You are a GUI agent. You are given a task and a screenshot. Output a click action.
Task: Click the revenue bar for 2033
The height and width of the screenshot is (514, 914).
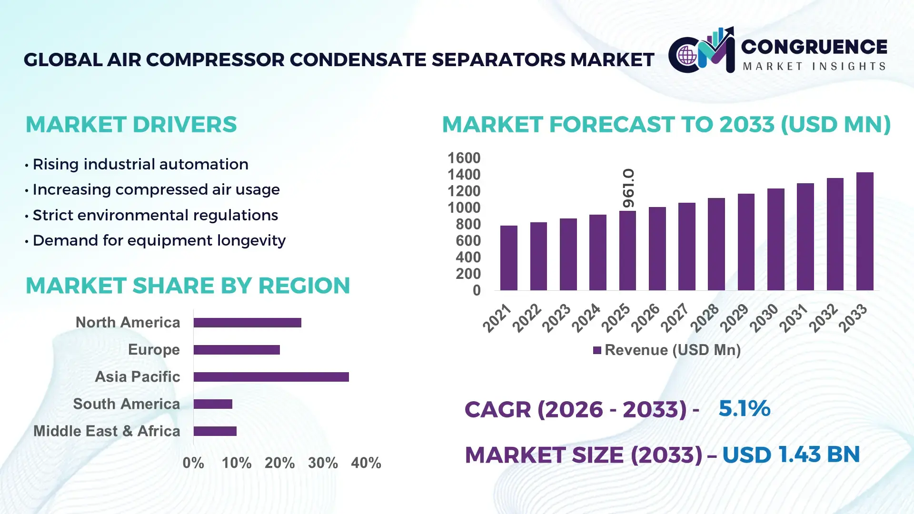coord(864,231)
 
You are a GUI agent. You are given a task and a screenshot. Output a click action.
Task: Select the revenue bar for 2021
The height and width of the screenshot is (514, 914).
coord(508,258)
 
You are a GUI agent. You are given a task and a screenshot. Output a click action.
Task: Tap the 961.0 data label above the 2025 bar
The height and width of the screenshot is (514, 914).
coord(628,188)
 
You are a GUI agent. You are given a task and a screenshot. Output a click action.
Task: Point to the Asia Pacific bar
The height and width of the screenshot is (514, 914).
coord(271,377)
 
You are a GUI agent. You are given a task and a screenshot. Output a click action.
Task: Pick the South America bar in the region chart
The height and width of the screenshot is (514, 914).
coord(213,404)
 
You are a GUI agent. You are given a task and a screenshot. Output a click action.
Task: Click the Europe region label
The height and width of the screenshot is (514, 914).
coord(154,349)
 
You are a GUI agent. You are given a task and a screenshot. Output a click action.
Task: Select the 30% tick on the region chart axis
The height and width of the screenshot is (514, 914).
coord(323,463)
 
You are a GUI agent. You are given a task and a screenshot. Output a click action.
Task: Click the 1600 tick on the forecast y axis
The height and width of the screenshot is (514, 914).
coord(464,158)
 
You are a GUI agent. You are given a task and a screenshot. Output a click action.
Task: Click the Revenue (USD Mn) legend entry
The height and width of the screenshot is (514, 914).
coord(666,350)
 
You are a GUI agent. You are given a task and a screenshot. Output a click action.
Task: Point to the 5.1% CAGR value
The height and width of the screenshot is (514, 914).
coord(744,408)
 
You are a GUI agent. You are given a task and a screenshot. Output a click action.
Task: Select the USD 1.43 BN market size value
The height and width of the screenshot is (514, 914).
coord(791,455)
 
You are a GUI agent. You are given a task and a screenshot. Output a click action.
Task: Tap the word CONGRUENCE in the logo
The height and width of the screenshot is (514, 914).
coord(814,47)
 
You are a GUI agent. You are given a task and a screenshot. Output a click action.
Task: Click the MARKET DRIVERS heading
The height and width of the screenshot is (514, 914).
coord(131,125)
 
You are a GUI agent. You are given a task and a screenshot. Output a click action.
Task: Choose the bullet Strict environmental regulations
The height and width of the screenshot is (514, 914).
coord(155,215)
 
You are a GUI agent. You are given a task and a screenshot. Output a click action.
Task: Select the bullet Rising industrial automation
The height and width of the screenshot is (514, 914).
coord(140,164)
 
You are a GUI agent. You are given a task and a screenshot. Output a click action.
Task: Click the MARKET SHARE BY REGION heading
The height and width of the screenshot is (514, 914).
coord(188,286)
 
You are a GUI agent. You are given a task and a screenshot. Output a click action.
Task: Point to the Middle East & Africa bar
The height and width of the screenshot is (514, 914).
coord(215,431)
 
